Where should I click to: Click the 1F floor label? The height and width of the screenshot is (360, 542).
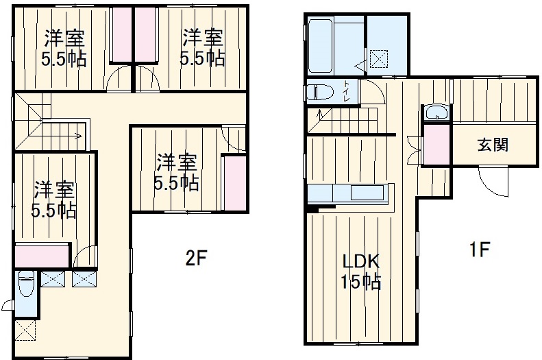[478, 250]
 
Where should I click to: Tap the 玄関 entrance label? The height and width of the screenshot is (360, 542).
[493, 145]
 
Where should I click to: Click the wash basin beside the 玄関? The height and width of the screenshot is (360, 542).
[436, 113]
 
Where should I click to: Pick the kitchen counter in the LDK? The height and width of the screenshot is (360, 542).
[350, 193]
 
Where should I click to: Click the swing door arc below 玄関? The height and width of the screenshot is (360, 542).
[493, 182]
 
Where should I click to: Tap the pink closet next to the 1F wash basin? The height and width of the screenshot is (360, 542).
[436, 144]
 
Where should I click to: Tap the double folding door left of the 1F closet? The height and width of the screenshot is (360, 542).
[413, 147]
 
